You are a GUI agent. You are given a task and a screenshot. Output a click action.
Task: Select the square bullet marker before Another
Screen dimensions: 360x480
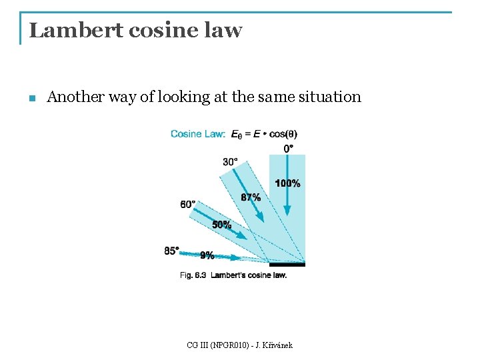[31, 99]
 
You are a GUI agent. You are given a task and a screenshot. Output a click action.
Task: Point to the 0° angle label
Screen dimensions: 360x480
[289, 148]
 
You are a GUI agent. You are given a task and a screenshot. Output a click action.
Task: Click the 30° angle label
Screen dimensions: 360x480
[231, 161]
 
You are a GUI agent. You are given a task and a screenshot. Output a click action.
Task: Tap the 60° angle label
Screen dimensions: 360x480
[188, 204]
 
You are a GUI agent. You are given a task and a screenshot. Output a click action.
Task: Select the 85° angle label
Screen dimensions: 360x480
[171, 251]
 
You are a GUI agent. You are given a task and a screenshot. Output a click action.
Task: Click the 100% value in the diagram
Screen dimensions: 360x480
[287, 183]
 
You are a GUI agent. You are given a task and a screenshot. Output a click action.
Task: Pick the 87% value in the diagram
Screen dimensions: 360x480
[251, 197]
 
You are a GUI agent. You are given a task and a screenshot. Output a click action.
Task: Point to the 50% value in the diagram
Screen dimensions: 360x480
[221, 225]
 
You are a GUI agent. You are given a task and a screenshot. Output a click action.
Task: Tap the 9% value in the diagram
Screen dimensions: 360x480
[207, 255]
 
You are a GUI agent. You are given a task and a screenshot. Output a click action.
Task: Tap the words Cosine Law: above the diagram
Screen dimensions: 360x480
[198, 134]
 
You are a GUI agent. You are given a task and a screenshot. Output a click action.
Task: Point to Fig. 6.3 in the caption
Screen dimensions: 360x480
[193, 275]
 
